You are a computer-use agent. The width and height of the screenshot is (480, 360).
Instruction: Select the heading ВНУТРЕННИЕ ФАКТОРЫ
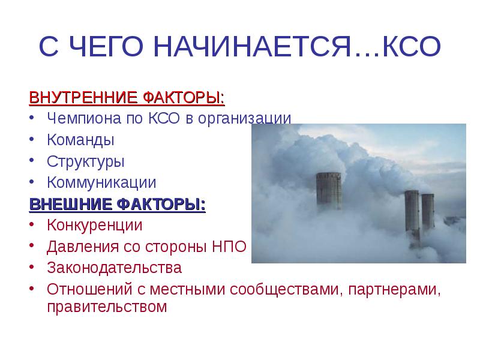128,96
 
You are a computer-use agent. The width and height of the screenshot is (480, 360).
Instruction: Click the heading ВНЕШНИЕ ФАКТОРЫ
118,205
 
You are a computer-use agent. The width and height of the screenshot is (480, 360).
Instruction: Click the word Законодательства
114,268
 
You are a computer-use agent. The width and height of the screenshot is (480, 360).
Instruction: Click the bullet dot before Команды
33,140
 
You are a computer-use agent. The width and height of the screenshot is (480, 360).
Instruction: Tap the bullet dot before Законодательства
33,268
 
